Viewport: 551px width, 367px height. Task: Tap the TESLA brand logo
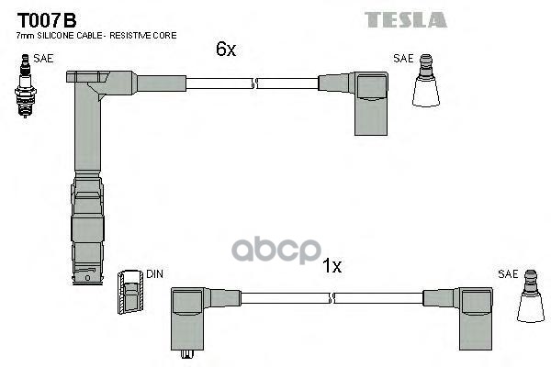405,19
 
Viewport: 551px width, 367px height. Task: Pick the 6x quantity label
226,50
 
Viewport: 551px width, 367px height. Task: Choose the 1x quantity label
332,267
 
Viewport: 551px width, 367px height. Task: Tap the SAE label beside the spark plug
42,59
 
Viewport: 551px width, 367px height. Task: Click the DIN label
154,274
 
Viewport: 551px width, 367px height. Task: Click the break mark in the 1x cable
332,297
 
